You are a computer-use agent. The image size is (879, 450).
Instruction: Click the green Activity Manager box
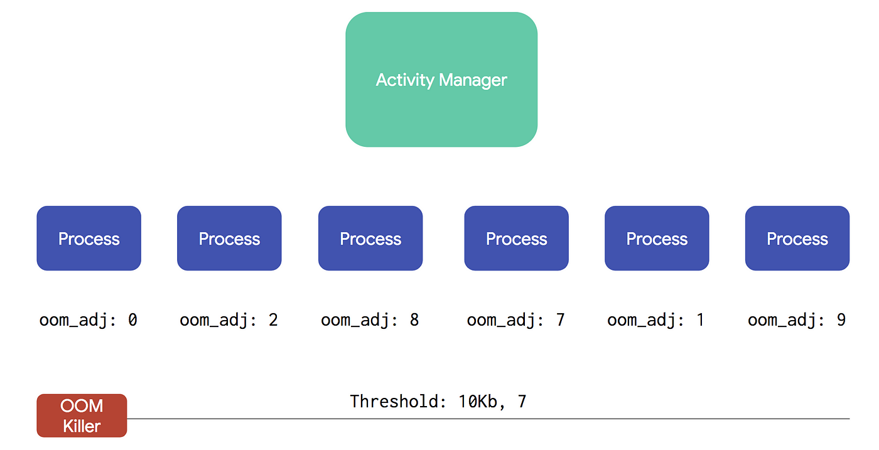[x=441, y=80]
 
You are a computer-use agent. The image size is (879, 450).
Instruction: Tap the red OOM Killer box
[x=82, y=415]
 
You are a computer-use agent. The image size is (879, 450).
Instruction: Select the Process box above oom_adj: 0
[x=89, y=238]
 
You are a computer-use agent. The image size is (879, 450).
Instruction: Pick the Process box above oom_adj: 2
[x=229, y=238]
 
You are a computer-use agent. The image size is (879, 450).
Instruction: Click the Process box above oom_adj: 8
[x=370, y=238]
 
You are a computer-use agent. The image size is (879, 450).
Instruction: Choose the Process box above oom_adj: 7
[x=516, y=238]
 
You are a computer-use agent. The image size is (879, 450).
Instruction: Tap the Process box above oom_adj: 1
[x=657, y=238]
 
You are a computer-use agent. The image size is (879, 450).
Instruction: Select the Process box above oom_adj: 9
[x=797, y=238]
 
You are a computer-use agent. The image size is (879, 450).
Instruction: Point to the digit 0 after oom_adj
[x=132, y=319]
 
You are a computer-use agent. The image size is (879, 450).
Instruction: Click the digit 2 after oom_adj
[x=273, y=319]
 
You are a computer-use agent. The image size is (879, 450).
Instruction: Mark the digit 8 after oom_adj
[x=414, y=319]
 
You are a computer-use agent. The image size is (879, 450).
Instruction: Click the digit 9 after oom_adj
[x=841, y=319]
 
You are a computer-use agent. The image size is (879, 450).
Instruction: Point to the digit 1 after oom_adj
[x=701, y=319]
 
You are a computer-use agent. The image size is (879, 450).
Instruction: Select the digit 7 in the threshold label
[x=522, y=401]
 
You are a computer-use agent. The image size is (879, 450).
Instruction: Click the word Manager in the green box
[x=473, y=80]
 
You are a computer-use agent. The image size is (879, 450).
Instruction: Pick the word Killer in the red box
[x=82, y=426]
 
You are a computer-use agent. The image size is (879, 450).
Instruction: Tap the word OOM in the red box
[x=82, y=405]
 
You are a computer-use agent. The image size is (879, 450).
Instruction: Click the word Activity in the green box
[x=405, y=80]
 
